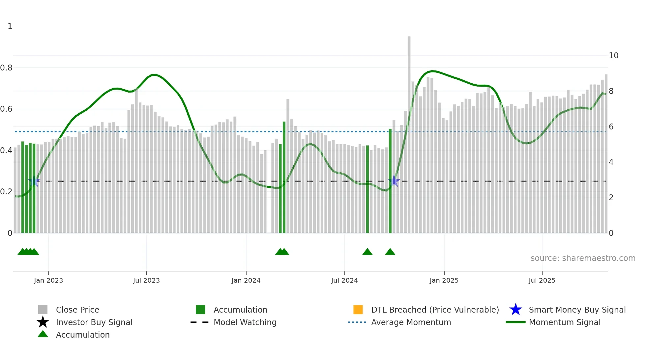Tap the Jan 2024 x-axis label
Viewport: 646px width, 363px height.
(x=246, y=280)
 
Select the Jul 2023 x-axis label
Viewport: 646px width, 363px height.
(x=146, y=280)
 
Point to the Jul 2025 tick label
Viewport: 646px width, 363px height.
(x=542, y=280)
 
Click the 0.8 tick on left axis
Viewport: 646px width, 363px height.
(x=6, y=68)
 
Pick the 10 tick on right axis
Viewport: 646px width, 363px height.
(x=613, y=56)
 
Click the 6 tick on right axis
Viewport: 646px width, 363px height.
(x=611, y=127)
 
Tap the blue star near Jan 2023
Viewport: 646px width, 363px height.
(x=34, y=181)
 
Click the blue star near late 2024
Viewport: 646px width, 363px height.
(x=394, y=181)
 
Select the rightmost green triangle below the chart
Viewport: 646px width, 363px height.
(x=390, y=252)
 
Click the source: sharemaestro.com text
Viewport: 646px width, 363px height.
(x=583, y=258)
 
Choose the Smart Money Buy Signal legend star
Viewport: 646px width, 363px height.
(x=515, y=310)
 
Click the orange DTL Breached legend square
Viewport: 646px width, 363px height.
(x=358, y=310)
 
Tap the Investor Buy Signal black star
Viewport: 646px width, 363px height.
(x=43, y=322)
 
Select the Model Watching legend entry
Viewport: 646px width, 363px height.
(x=245, y=322)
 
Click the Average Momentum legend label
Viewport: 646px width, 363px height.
(x=411, y=322)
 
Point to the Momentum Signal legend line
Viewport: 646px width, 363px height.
(x=515, y=322)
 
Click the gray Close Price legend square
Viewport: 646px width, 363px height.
(x=43, y=310)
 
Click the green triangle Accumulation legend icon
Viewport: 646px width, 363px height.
(x=43, y=334)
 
